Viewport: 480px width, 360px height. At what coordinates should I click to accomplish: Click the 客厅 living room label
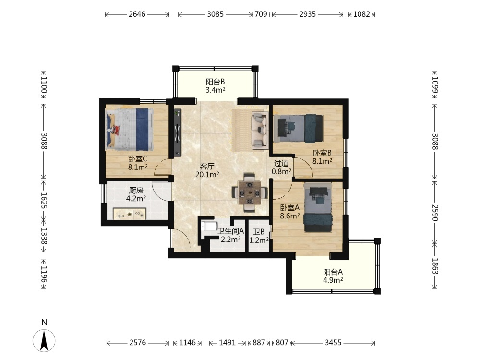(207, 166)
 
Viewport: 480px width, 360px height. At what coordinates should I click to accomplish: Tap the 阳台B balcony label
(215, 82)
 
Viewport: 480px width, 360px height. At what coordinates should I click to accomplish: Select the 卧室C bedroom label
(138, 159)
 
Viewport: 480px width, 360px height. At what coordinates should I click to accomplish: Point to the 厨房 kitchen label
(136, 191)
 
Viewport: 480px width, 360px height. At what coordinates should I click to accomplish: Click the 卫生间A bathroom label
(230, 231)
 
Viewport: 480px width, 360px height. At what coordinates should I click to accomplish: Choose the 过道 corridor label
(281, 164)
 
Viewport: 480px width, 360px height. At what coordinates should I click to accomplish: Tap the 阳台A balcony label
(333, 272)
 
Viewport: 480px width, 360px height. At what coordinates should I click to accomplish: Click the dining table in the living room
(250, 193)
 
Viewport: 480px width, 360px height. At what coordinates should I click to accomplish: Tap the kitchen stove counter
(130, 214)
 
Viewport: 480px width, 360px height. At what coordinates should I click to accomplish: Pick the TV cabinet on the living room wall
(177, 132)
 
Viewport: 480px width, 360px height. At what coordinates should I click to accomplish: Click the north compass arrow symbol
(44, 340)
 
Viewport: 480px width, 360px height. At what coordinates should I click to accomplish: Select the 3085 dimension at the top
(215, 14)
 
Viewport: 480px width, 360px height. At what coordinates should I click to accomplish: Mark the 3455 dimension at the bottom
(333, 343)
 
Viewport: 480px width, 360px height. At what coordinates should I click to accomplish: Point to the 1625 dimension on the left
(44, 201)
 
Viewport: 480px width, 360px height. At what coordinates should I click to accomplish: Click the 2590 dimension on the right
(435, 213)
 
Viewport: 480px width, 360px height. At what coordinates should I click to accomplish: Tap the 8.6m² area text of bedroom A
(290, 216)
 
